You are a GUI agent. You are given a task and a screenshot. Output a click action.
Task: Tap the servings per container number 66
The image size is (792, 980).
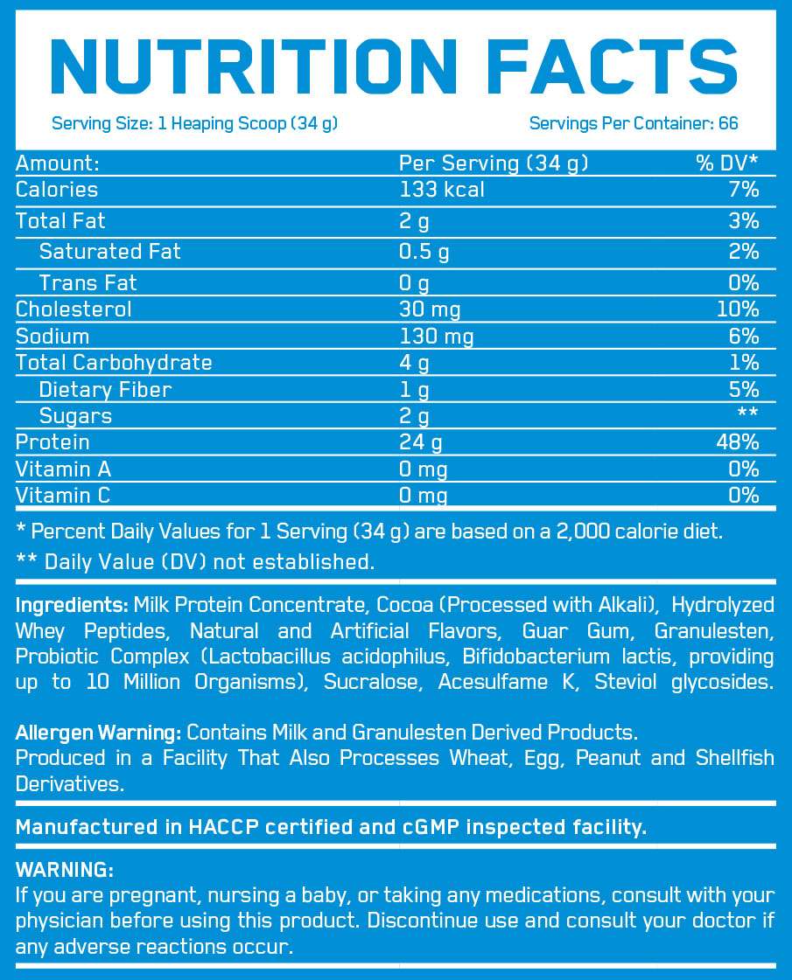728,123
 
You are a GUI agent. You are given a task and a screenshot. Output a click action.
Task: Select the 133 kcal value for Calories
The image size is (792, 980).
442,190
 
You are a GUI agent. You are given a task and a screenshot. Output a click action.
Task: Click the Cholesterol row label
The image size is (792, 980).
74,309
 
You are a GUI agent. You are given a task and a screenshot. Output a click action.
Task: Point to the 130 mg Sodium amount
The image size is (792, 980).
436,336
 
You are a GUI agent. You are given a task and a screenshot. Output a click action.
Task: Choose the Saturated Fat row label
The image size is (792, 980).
110,252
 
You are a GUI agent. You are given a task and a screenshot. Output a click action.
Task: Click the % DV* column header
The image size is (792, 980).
727,163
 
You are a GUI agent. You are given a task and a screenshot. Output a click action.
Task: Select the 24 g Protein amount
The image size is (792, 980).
421,442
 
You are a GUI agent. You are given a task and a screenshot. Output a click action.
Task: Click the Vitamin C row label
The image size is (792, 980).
63,496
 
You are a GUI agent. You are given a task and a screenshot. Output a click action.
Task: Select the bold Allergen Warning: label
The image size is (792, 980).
99,732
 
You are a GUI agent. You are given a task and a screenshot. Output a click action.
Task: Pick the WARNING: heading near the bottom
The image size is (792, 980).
65,871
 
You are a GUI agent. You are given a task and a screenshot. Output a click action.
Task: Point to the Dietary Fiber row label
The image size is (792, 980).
105,389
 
